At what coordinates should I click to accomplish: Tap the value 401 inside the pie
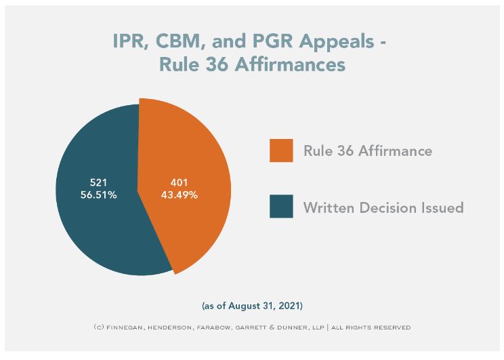click(x=180, y=182)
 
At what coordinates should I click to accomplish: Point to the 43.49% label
click(x=180, y=195)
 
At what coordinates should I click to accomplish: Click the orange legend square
click(x=281, y=151)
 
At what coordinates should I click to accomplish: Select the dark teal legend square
click(x=281, y=207)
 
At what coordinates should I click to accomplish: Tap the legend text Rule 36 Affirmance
click(x=367, y=151)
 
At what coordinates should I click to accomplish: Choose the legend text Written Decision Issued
click(x=383, y=207)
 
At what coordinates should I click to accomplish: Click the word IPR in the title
click(x=129, y=42)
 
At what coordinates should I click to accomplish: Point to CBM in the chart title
click(x=178, y=42)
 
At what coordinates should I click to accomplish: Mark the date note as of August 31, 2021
click(x=251, y=306)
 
